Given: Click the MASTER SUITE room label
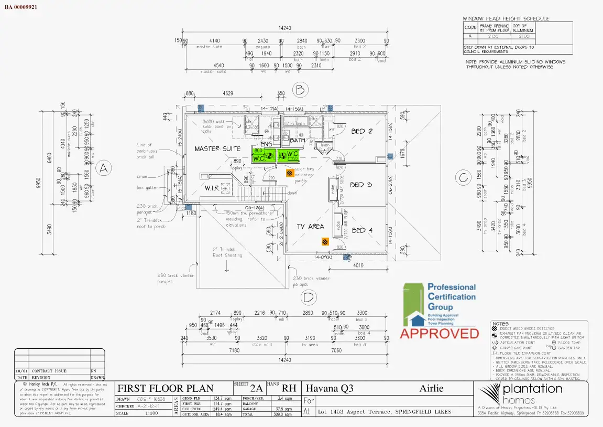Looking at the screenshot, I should point(217,149).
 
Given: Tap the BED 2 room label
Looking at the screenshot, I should point(361,131).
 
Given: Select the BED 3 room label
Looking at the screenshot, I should point(361,185).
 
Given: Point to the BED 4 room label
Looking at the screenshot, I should point(362,230).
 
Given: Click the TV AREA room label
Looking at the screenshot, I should point(311,227).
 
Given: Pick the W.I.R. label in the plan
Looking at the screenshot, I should point(212,188).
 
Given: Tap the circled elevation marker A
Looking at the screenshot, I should point(104,168).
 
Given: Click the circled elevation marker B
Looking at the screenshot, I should point(300,90).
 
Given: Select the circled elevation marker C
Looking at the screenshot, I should point(463,178).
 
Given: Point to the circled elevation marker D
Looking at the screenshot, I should point(309,298).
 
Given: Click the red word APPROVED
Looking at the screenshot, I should point(440,333).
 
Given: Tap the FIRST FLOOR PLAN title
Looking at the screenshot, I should point(165,389).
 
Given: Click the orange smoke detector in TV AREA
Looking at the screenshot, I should point(325,241).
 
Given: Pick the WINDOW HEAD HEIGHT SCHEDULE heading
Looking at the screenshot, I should point(507,18).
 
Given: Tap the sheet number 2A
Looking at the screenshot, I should point(256,389).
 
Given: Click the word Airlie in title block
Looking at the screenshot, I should point(432,389).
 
